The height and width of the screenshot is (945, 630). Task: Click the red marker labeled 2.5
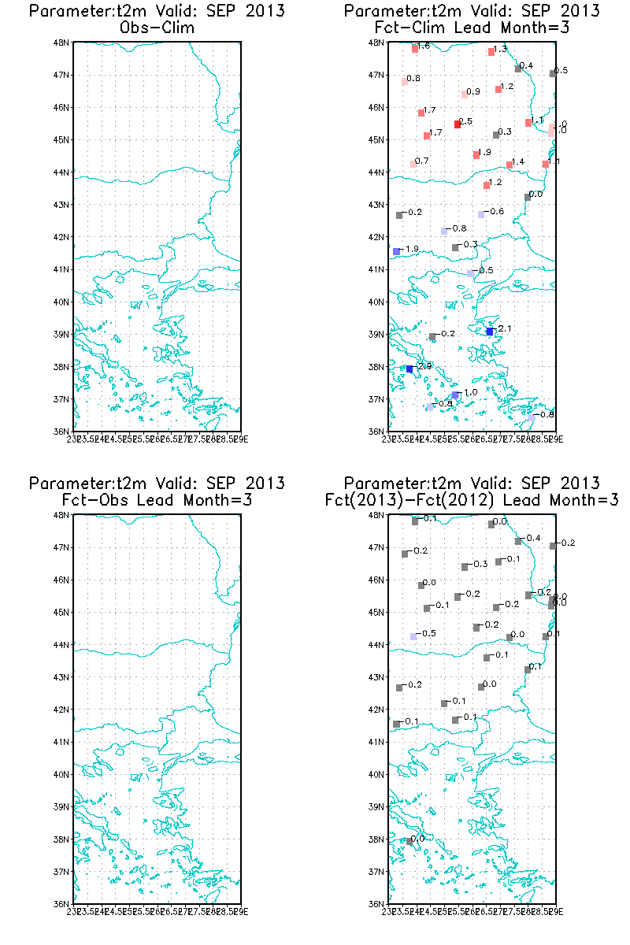pos(458,124)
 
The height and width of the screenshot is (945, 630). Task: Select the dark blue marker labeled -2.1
pos(490,332)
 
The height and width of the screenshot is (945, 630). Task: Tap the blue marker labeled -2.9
pos(409,369)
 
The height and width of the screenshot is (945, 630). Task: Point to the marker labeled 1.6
pos(415,49)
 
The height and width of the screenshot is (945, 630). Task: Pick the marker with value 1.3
pos(491,51)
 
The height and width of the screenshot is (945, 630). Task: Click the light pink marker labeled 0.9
pos(465,94)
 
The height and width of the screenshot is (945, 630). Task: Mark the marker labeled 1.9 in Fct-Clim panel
pos(476,154)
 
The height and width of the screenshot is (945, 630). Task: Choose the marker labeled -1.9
pos(396,251)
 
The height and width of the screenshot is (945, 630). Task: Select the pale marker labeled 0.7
pos(413,164)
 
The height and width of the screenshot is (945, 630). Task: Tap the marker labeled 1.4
pos(510,165)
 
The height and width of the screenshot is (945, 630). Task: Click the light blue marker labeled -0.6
pos(481,214)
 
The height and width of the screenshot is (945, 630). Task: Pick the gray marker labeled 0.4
pos(518,69)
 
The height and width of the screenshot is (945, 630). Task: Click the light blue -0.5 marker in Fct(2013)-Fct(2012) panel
pos(413,636)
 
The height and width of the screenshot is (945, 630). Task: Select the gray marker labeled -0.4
pos(518,541)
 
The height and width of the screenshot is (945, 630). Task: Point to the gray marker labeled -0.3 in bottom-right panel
pos(465,567)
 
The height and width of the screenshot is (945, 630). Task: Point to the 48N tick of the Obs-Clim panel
pos(61,43)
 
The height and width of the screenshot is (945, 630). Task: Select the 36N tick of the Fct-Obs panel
pos(61,904)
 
